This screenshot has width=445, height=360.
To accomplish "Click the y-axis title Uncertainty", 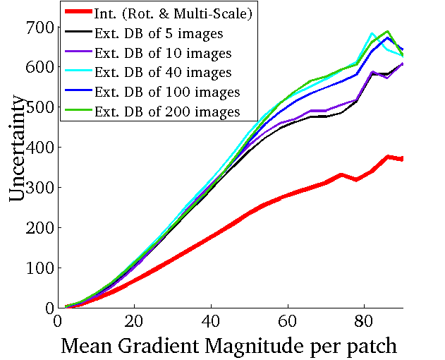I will point(20,152).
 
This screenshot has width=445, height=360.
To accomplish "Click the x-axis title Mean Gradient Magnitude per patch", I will point(229,346).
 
